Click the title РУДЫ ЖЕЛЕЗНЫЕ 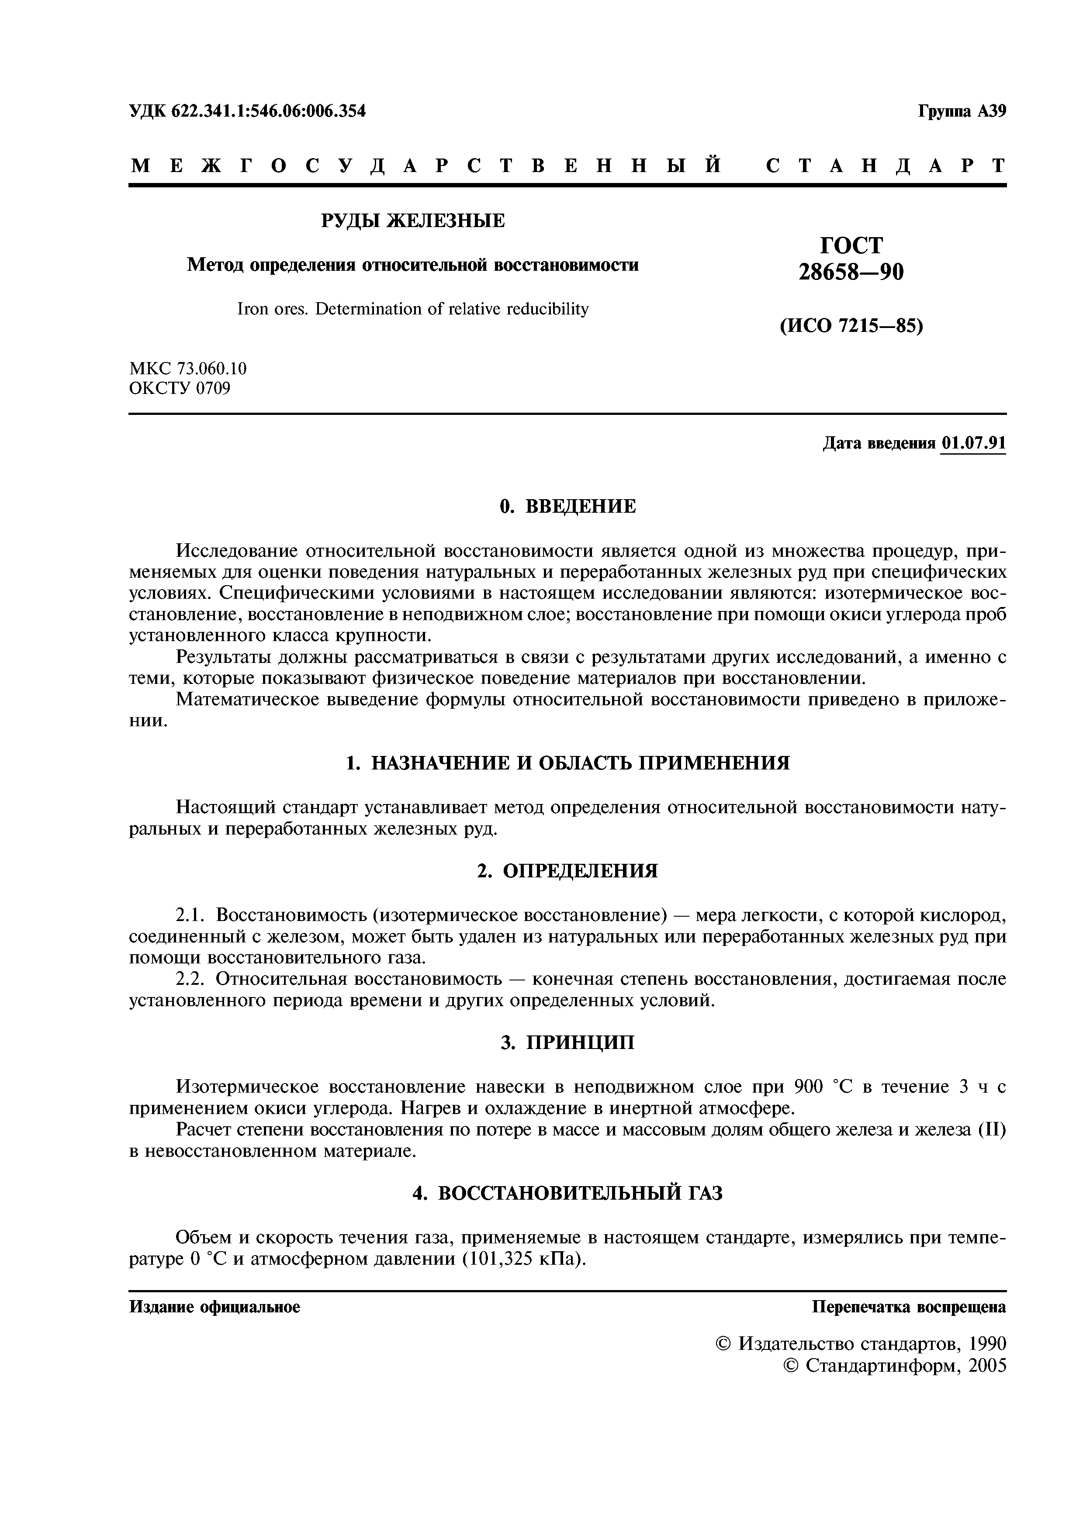pos(412,220)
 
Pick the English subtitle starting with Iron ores pos(412,309)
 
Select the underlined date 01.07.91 pos(973,444)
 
